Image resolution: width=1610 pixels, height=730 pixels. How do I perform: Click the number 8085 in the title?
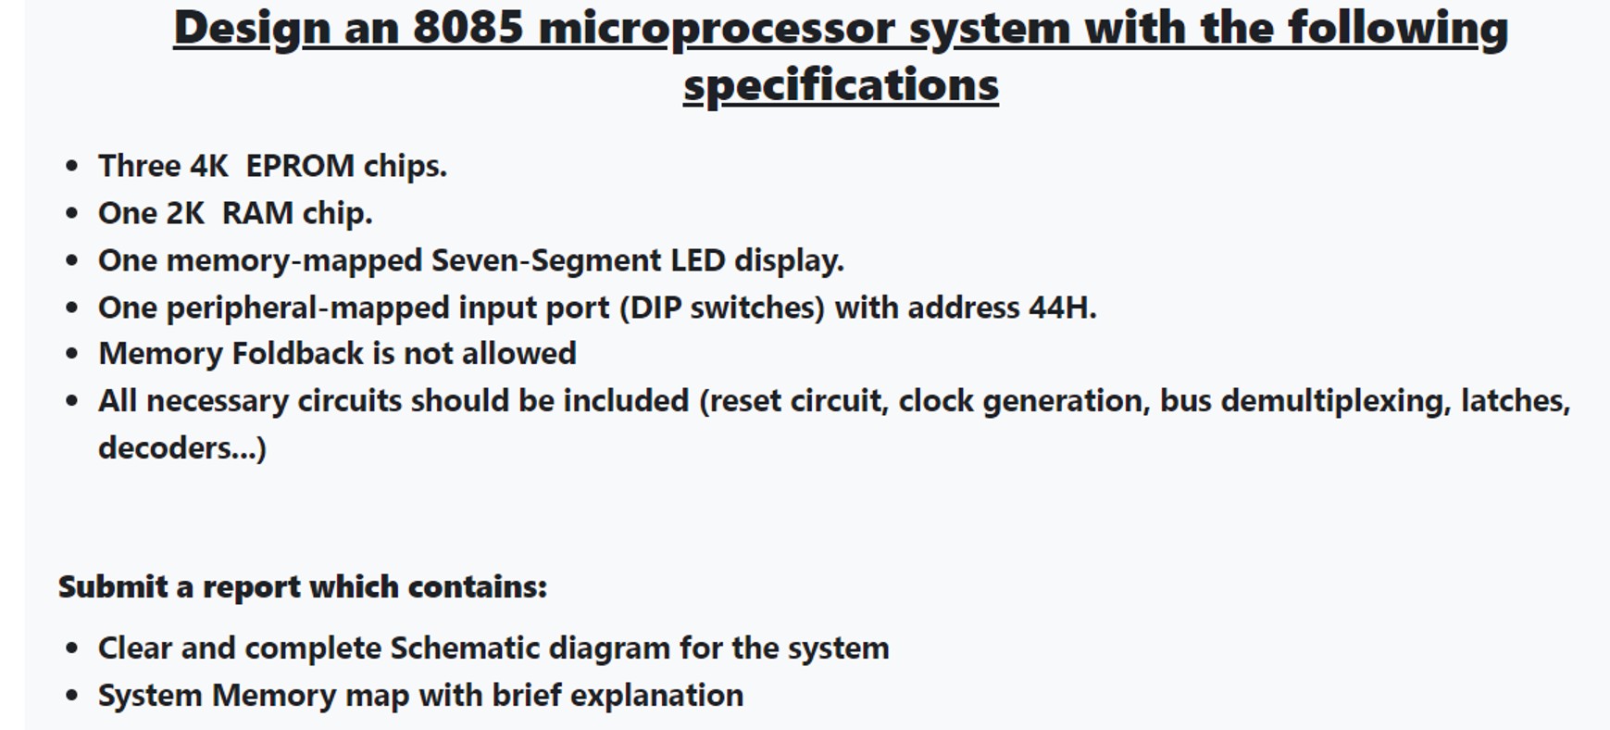(468, 28)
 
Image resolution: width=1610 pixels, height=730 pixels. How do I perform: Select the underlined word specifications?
(841, 85)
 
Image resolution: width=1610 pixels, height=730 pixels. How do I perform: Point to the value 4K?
(208, 166)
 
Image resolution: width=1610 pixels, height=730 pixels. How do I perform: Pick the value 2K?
(184, 213)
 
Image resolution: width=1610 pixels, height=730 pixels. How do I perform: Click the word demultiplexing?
(1334, 401)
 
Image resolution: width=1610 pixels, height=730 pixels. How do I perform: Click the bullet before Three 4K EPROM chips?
(72, 167)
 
